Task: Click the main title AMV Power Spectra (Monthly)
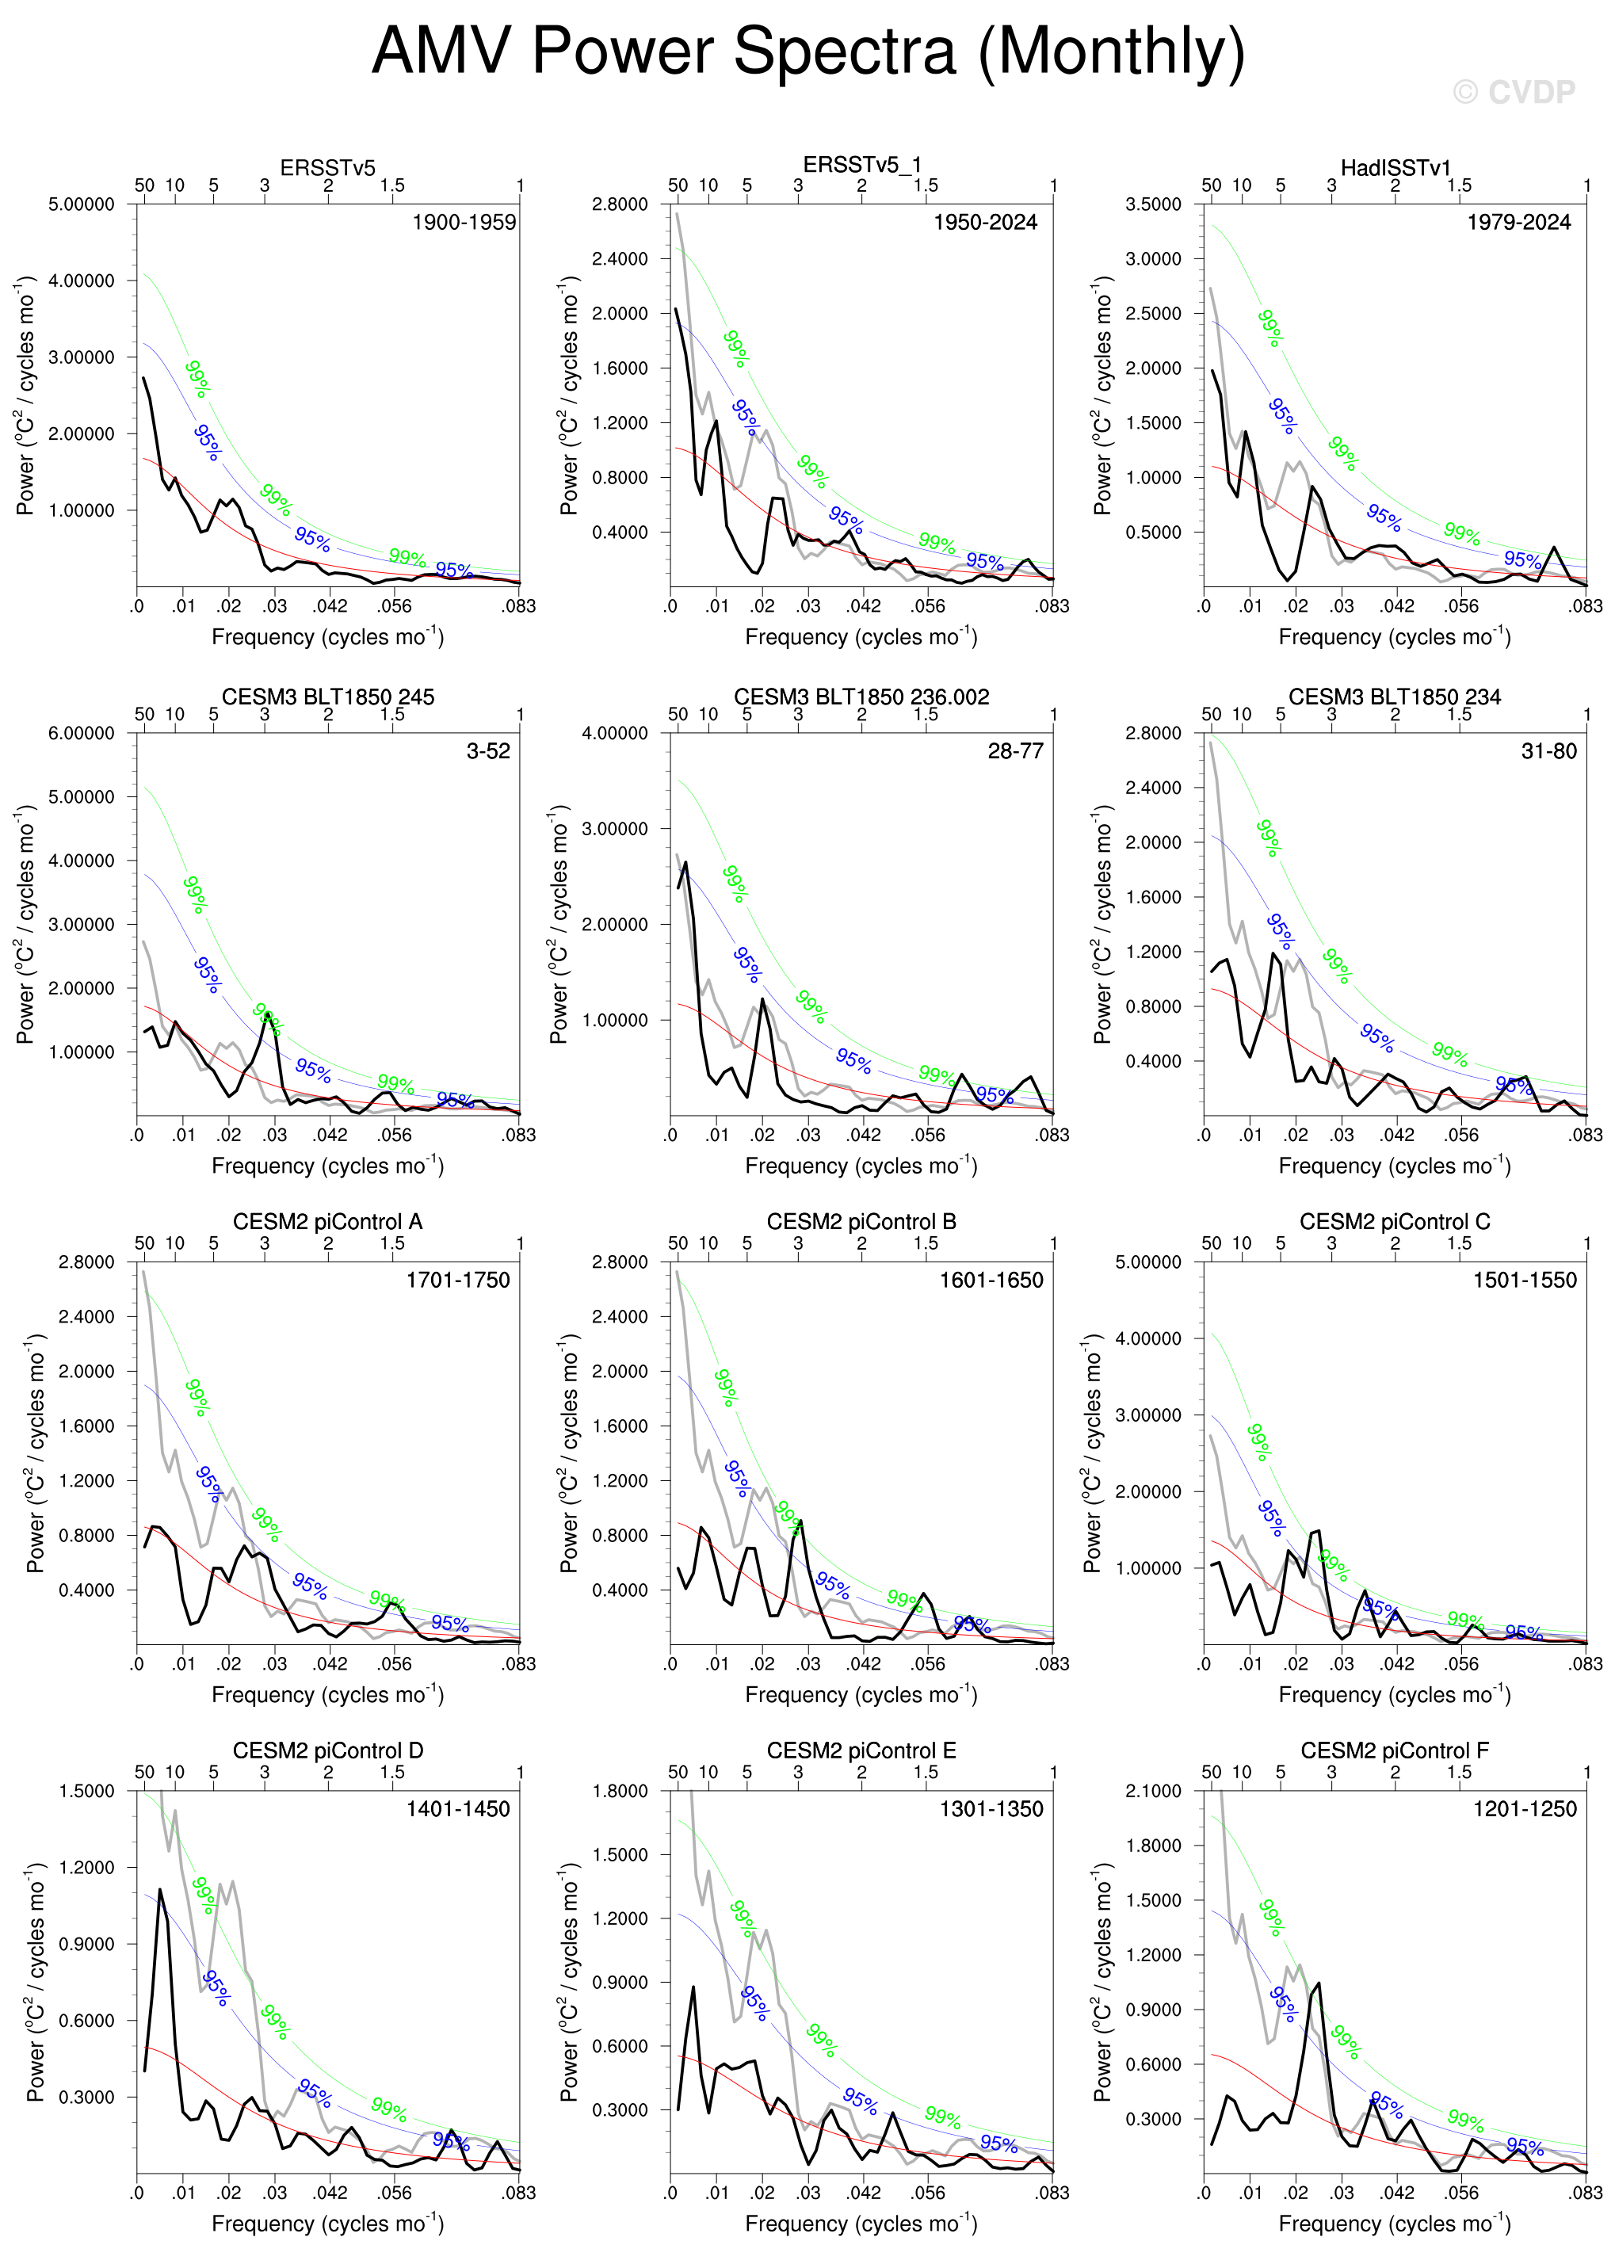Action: click(807, 52)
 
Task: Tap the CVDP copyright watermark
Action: click(1514, 93)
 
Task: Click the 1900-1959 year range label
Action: click(464, 222)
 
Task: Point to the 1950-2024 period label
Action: click(984, 222)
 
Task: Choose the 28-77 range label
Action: click(1015, 750)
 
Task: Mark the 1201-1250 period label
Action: click(1525, 1808)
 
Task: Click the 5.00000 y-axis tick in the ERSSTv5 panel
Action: click(82, 204)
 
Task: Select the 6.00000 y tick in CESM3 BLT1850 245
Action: click(82, 733)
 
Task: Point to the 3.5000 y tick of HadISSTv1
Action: click(1154, 204)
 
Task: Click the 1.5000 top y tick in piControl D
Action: click(86, 1791)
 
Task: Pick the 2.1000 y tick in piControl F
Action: click(1154, 1791)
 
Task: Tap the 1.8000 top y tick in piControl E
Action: click(620, 1791)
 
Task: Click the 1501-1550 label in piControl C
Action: click(1525, 1280)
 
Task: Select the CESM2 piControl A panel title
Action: click(327, 1221)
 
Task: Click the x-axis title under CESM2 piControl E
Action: click(861, 2224)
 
